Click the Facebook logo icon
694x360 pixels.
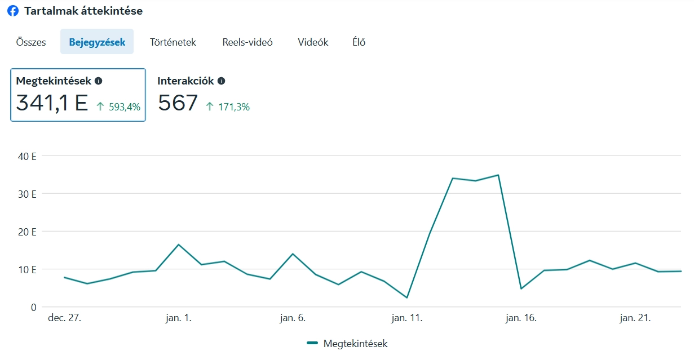(12, 11)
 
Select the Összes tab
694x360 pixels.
(31, 42)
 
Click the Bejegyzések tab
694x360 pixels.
(97, 42)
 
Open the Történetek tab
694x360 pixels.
(173, 42)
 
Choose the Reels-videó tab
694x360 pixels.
(247, 42)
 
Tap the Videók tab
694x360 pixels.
(313, 42)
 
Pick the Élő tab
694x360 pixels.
(359, 42)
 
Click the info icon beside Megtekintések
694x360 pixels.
(99, 81)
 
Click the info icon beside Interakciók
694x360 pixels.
(221, 81)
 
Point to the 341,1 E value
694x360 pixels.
(52, 103)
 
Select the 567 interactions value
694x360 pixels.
(178, 103)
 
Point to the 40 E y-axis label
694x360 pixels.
(26, 156)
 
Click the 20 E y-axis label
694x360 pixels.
(26, 232)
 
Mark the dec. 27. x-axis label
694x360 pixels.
(64, 318)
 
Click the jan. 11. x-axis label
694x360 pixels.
(407, 318)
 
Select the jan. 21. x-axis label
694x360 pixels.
(635, 318)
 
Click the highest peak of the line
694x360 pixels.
(498, 175)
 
